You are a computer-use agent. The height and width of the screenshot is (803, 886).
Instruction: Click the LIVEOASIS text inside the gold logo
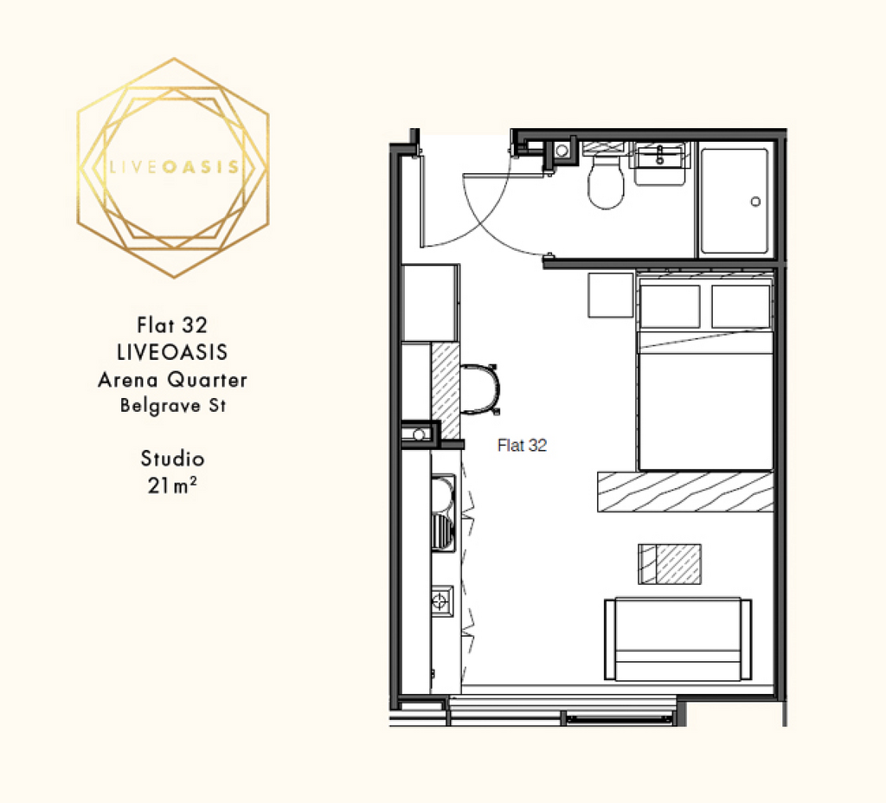tap(173, 167)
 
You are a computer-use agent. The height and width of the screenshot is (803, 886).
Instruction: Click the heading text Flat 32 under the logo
tap(172, 325)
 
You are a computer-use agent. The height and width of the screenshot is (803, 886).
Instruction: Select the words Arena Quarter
tap(172, 380)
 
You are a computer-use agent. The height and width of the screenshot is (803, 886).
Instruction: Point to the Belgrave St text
tap(173, 406)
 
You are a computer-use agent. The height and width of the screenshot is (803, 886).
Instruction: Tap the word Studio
tap(172, 459)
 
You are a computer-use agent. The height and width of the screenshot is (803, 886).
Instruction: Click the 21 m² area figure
tap(172, 485)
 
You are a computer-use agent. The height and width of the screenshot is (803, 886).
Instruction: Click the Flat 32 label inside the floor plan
tap(522, 446)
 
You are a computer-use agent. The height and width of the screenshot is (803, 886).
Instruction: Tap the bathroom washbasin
tap(660, 164)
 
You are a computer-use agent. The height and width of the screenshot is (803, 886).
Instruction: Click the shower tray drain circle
tap(755, 202)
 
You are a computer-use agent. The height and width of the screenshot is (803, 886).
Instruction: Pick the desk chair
tap(481, 389)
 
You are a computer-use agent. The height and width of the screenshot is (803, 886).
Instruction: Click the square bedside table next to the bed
tap(611, 295)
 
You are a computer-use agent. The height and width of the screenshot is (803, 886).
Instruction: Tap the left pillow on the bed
tap(671, 306)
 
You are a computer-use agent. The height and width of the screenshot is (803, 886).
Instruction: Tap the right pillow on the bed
tap(741, 306)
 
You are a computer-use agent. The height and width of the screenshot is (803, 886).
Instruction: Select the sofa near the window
tap(678, 639)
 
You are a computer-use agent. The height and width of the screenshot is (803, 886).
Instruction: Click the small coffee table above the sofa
tap(670, 564)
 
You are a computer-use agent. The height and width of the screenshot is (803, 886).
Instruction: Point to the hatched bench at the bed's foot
tap(685, 491)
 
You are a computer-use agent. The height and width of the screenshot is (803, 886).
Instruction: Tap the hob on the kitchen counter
tap(442, 601)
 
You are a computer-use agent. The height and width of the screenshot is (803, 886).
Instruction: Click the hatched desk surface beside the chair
tap(446, 390)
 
